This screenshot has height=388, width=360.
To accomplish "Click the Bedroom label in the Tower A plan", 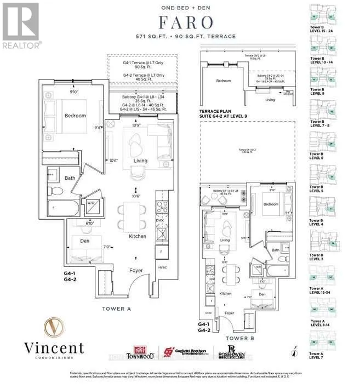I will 75,116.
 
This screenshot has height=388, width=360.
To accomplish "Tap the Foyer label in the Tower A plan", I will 135,270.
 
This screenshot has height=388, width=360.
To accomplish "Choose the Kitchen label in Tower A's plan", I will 138,236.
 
